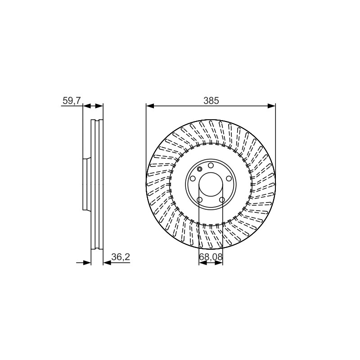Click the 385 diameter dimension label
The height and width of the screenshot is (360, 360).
tap(211, 100)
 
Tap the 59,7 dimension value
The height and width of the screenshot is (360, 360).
tap(72, 100)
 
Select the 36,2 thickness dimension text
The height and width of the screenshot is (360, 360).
tap(121, 257)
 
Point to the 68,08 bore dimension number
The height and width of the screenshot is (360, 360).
tap(211, 257)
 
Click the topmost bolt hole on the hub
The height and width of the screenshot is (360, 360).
tap(211, 165)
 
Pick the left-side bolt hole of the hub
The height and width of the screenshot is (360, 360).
tap(193, 178)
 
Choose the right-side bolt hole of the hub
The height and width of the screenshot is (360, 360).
tap(229, 178)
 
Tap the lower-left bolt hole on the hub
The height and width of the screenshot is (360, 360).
tap(199, 200)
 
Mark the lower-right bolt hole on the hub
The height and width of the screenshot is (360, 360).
tap(222, 200)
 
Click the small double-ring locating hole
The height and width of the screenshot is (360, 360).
tap(199, 169)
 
